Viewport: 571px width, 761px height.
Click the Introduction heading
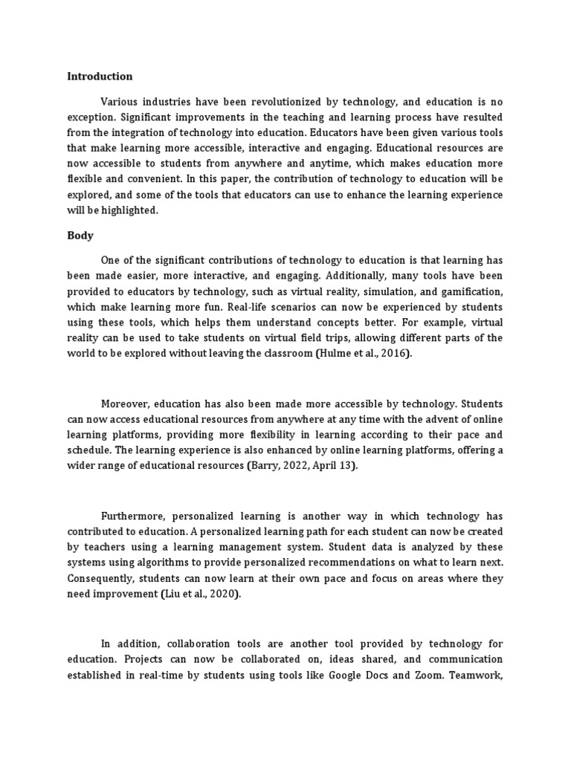pos(100,76)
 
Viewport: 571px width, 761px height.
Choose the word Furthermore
pos(132,516)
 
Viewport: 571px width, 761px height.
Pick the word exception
pos(91,117)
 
